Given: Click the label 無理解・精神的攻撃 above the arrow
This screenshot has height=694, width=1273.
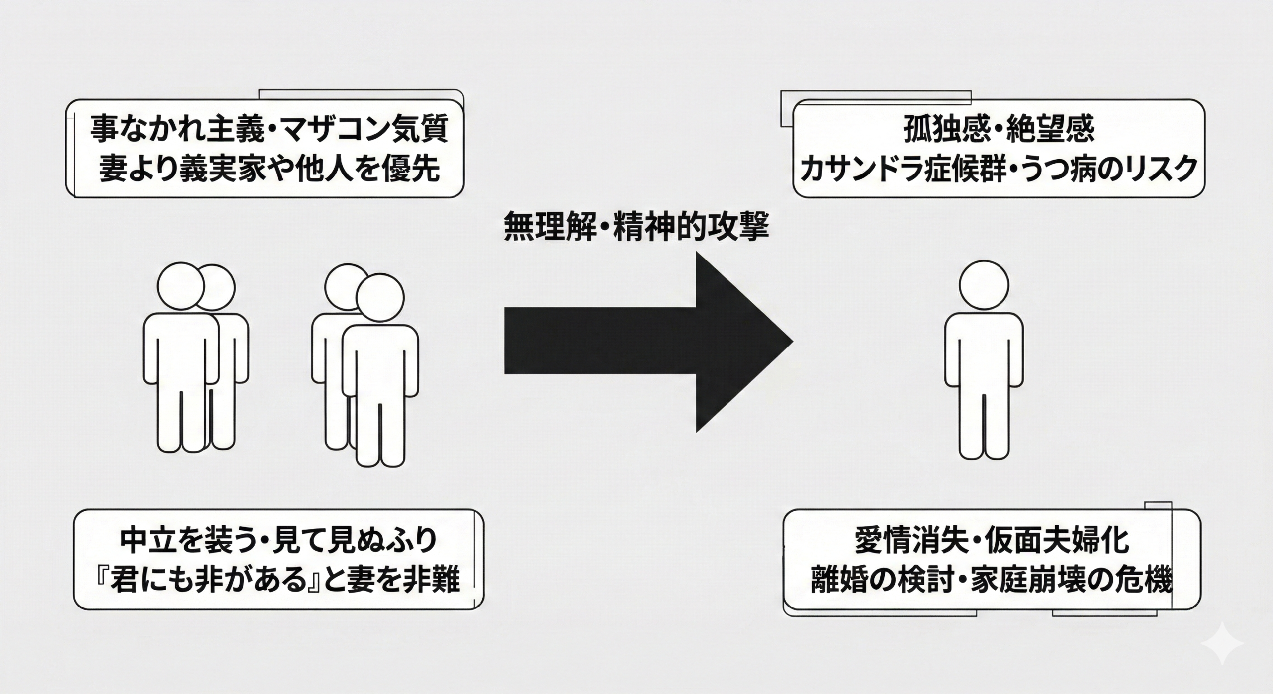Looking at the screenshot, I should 636,227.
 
